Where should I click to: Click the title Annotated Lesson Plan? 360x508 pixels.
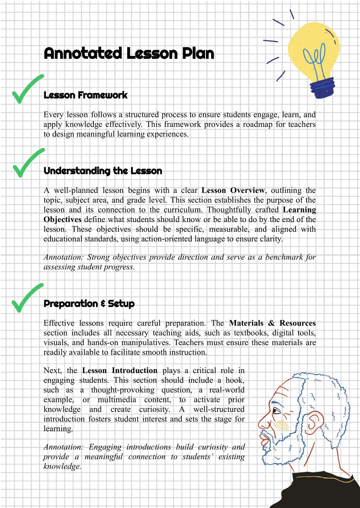tap(129, 54)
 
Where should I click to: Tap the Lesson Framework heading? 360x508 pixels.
tap(85, 95)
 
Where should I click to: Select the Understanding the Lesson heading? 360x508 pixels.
tap(103, 171)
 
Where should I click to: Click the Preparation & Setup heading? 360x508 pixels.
tap(89, 303)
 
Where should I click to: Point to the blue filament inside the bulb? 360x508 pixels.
tap(315, 60)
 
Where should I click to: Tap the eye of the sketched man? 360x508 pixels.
tap(277, 411)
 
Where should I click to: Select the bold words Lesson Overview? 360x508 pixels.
tap(233, 190)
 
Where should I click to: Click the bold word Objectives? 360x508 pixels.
tap(62, 220)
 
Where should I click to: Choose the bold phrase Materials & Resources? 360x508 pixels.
tap(272, 323)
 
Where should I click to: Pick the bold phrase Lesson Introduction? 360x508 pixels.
tap(120, 371)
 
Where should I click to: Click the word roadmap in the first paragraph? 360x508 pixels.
tap(257, 124)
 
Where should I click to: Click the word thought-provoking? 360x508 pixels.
tap(123, 390)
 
